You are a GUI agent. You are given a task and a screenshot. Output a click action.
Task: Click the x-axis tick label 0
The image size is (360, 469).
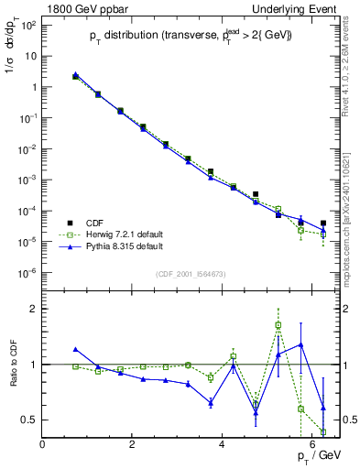coord(42,444)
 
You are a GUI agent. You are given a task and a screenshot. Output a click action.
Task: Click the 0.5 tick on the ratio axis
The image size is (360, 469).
coord(31,420)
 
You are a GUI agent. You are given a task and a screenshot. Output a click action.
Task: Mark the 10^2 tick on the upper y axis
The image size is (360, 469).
coord(27,25)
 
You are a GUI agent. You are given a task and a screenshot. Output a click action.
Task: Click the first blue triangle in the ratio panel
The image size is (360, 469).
coord(76,349)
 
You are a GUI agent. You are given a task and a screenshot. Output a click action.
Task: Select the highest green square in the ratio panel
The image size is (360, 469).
coord(278,325)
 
